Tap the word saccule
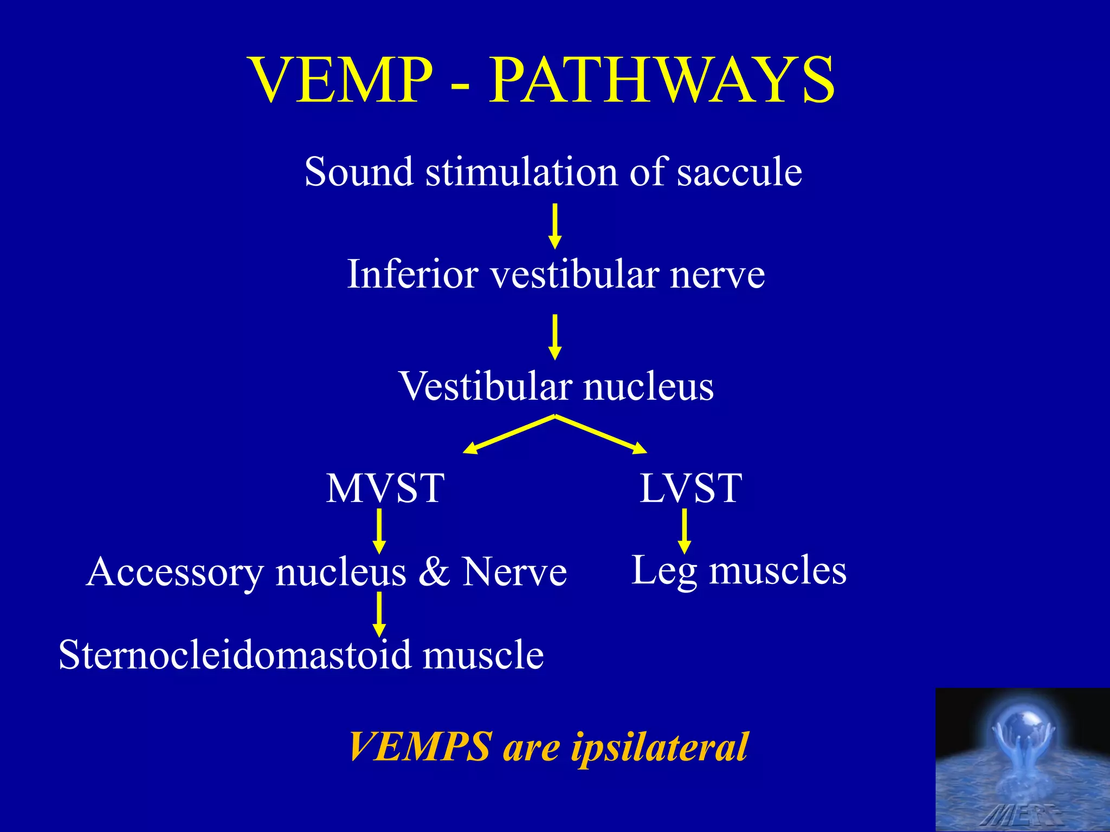tap(739, 172)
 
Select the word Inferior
tap(412, 274)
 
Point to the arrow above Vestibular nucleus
tap(554, 337)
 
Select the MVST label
tap(385, 489)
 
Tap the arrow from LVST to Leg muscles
tap(685, 531)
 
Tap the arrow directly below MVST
tap(379, 531)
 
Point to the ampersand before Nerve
tap(434, 572)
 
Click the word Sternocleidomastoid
tap(235, 655)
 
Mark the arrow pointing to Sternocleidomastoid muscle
tap(379, 614)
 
